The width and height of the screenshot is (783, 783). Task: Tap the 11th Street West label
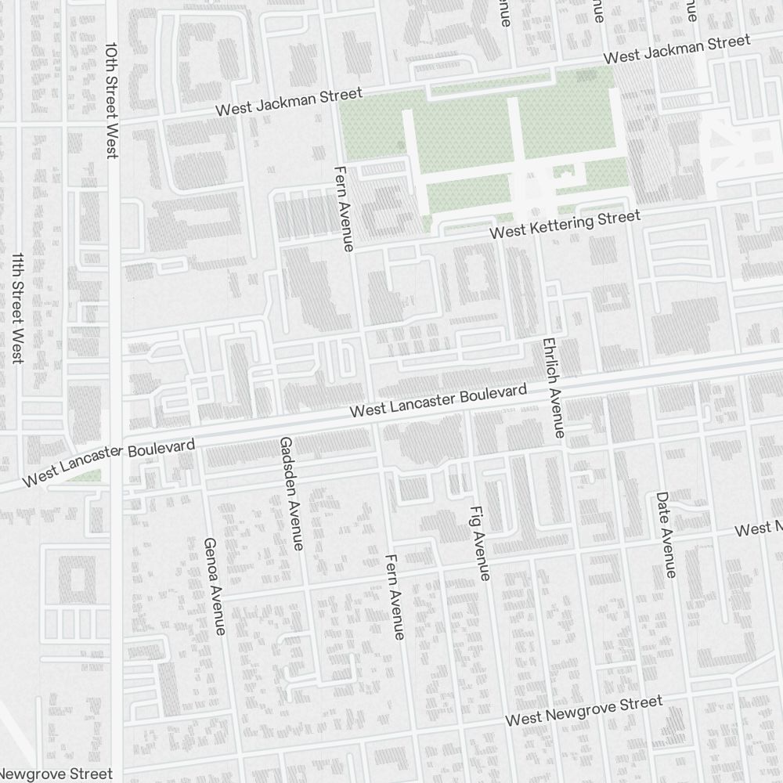point(17,308)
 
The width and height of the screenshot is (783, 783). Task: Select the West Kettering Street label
point(565,225)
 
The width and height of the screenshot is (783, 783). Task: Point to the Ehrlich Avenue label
point(553,388)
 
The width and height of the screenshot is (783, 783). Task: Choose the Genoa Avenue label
point(214,586)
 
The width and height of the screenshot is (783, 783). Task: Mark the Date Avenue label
point(665,535)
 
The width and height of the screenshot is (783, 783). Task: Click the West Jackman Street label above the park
point(677,49)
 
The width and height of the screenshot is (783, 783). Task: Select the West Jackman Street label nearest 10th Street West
point(289,102)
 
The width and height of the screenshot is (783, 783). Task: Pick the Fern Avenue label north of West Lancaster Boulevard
point(344,208)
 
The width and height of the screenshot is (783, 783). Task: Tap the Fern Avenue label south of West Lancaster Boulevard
point(395,597)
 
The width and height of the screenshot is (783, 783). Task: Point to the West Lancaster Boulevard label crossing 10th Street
point(109,463)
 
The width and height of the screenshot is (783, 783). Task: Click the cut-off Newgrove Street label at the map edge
point(56,774)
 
